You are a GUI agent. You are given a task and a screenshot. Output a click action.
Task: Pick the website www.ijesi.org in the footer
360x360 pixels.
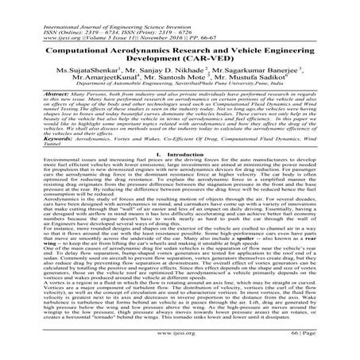pos(179,347)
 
